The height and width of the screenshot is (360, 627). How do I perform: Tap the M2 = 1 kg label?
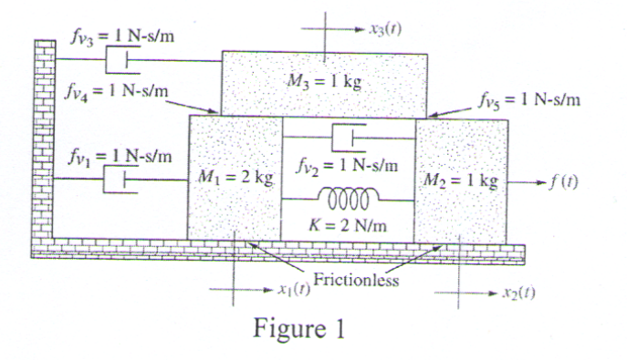tap(461, 180)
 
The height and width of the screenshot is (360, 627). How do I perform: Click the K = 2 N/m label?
tap(348, 221)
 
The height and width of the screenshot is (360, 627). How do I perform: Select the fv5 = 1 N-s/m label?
tap(528, 98)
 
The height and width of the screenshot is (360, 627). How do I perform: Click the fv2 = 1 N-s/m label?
tap(348, 166)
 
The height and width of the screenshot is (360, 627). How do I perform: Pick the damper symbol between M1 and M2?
tap(348, 138)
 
